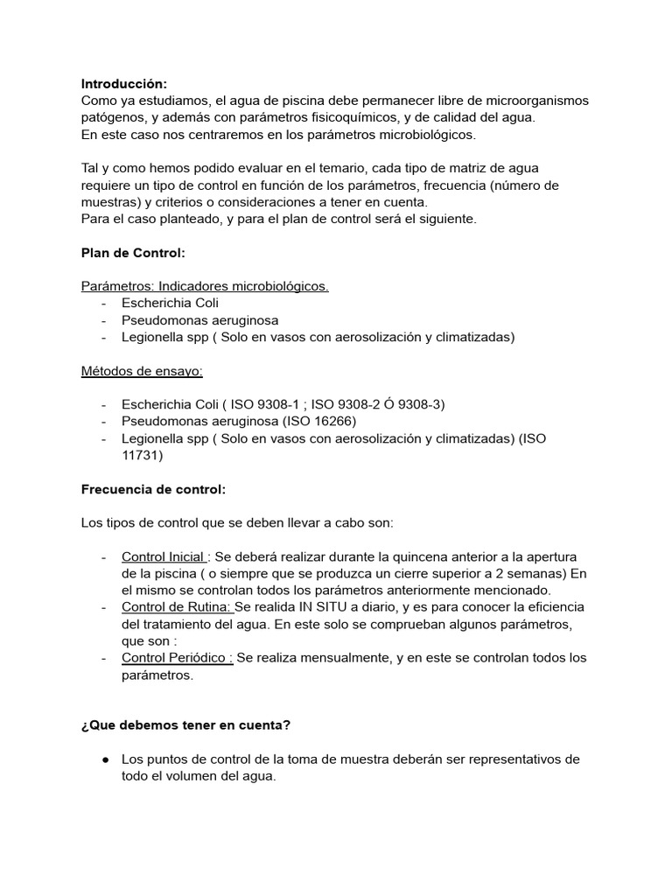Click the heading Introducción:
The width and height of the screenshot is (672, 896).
point(123,84)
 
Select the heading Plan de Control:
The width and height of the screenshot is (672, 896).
point(133,253)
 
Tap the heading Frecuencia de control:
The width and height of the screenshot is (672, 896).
point(153,489)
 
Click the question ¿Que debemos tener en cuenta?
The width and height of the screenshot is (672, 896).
point(185,725)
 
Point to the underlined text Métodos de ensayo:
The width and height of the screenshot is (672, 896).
point(142,371)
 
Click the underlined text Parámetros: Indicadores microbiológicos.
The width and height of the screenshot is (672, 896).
point(205,286)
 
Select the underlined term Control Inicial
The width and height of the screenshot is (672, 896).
point(164,556)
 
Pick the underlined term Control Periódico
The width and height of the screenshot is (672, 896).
point(175,658)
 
